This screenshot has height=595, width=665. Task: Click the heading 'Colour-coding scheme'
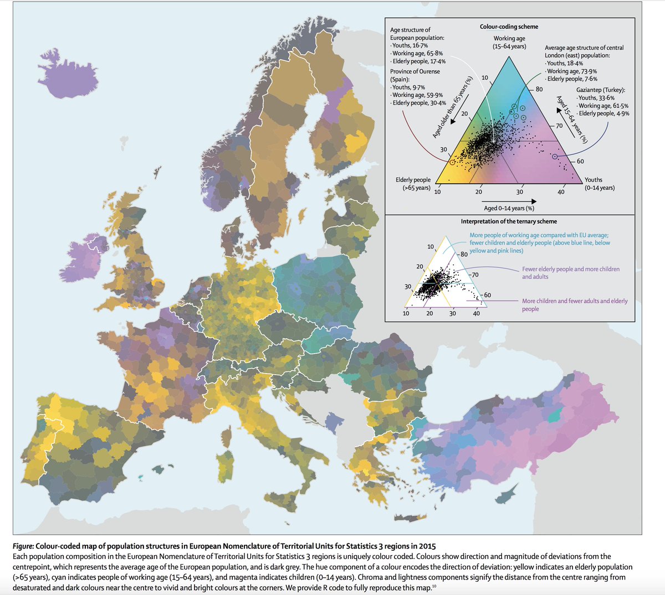tap(509, 27)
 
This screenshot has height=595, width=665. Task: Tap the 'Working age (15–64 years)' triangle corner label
tap(509, 43)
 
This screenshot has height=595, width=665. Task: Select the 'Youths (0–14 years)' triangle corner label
tap(600, 184)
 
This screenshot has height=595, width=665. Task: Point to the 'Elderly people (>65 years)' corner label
tap(413, 184)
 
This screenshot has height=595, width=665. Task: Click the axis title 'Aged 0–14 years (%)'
tap(509, 208)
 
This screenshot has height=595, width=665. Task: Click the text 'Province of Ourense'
tap(415, 71)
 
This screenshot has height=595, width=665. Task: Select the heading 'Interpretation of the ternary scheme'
tap(509, 221)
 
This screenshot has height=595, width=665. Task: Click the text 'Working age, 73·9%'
tap(571, 71)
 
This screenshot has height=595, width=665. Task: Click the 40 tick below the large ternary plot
tap(561, 192)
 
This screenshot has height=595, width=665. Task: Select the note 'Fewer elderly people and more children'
tap(571, 270)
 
